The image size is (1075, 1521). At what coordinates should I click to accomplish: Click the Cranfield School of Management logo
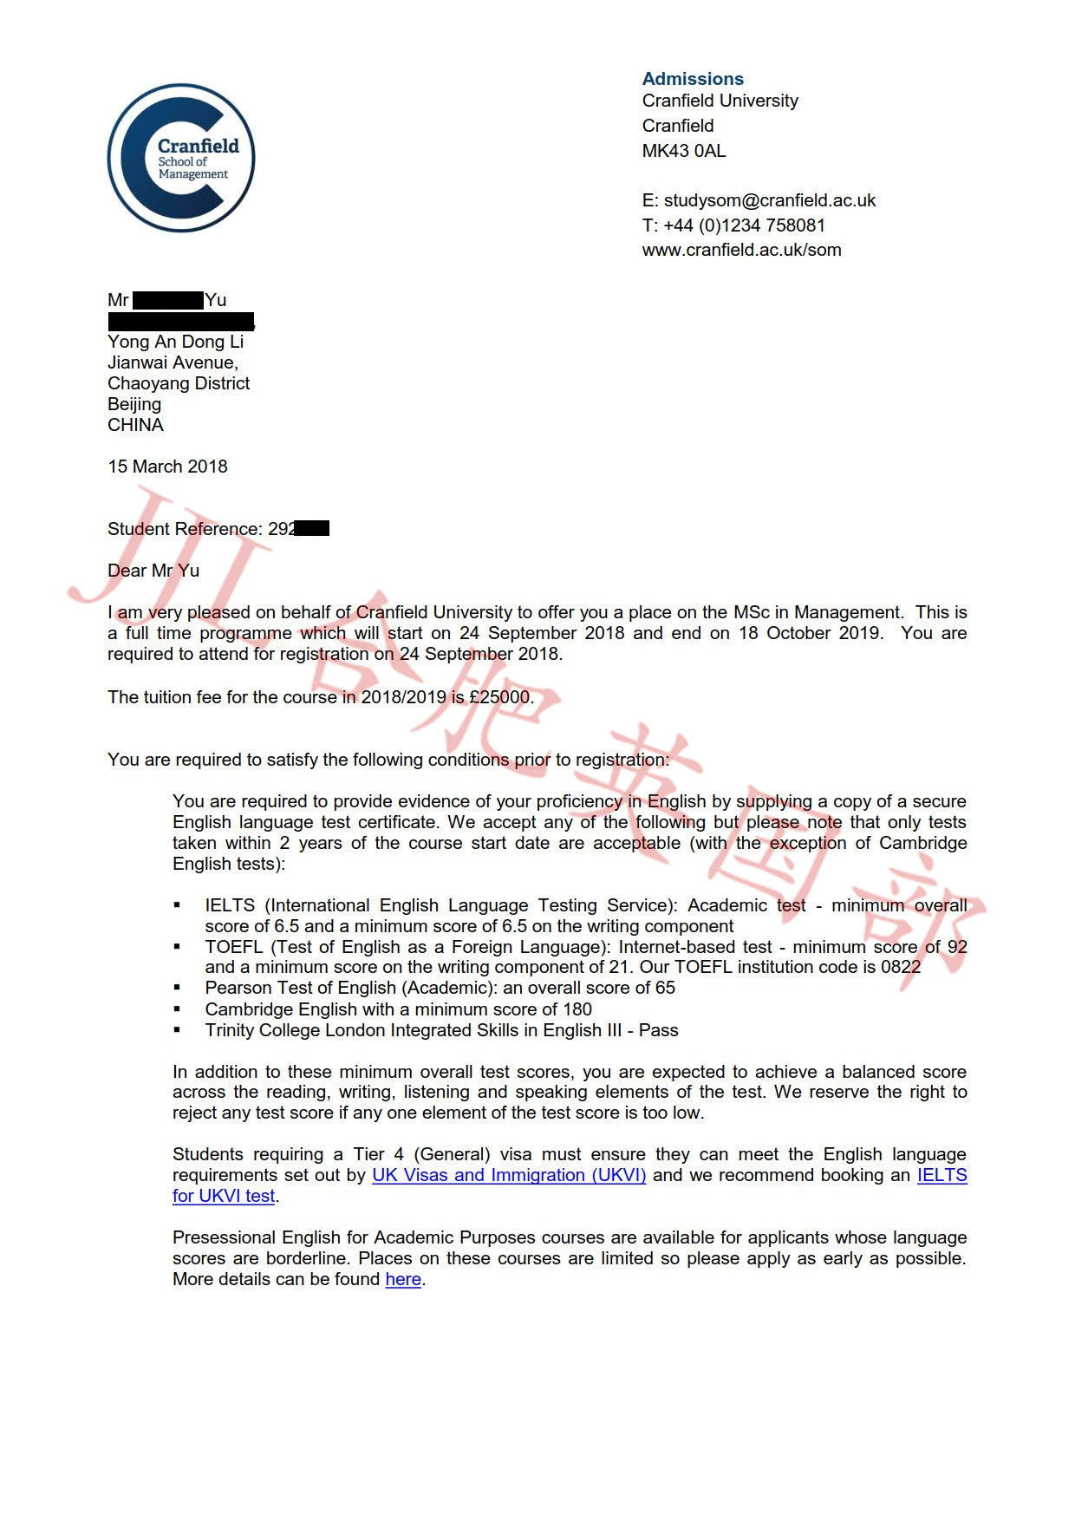point(181,157)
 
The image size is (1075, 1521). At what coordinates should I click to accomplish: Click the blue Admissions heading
point(693,79)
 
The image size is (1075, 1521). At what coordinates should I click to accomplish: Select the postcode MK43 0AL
point(684,151)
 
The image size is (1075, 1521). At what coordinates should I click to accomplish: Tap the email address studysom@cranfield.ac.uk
point(769,200)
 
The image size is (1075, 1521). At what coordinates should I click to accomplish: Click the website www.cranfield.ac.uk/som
point(741,250)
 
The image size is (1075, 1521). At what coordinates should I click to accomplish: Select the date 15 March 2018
point(167,467)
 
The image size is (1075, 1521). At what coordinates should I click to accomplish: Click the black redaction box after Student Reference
point(312,528)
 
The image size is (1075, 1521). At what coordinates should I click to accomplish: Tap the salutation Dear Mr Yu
point(153,571)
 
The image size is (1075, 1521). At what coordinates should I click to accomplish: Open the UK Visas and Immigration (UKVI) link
point(509,1175)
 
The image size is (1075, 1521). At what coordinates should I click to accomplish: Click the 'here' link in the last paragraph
point(403,1279)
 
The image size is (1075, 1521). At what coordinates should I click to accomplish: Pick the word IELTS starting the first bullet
point(230,905)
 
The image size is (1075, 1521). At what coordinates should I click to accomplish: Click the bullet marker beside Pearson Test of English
point(178,988)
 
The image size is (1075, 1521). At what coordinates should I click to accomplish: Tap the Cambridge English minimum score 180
point(577,1009)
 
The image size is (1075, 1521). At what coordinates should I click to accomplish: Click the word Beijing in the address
point(134,404)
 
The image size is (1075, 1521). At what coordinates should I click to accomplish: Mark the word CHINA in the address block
point(135,425)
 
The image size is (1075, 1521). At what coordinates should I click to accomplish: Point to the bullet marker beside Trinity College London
point(178,1030)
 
